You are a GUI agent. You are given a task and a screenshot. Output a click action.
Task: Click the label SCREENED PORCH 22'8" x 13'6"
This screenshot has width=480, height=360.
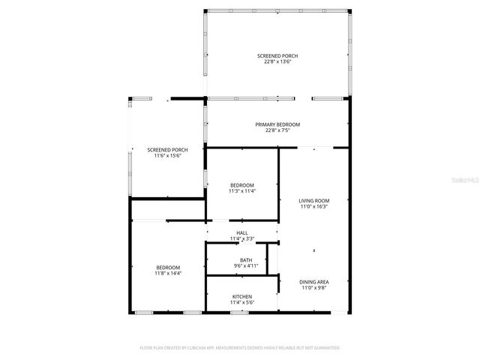(x=277, y=58)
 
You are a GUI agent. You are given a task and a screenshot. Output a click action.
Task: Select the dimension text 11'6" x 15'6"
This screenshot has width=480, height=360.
(x=167, y=155)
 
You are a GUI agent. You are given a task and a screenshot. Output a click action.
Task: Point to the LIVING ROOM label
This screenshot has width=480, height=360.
(x=314, y=200)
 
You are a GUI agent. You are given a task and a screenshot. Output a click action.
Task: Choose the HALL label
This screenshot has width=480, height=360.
(x=242, y=232)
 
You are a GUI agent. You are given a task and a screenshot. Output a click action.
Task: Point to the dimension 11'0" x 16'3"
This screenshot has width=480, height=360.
(x=314, y=206)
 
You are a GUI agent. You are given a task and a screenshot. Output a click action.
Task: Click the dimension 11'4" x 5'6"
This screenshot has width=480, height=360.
(x=242, y=302)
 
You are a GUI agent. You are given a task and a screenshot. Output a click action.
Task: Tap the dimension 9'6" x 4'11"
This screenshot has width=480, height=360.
(x=246, y=265)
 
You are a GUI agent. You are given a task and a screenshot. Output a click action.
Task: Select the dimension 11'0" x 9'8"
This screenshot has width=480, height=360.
(x=314, y=287)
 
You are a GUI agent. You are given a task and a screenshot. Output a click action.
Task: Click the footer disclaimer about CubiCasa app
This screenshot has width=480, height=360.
(x=240, y=348)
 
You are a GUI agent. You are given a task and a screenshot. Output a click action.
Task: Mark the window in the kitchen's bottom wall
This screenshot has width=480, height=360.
(x=239, y=311)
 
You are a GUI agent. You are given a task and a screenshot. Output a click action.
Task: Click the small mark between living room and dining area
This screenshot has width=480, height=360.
(x=314, y=250)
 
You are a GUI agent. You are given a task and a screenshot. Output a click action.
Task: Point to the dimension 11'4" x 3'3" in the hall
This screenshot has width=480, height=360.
(x=242, y=238)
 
